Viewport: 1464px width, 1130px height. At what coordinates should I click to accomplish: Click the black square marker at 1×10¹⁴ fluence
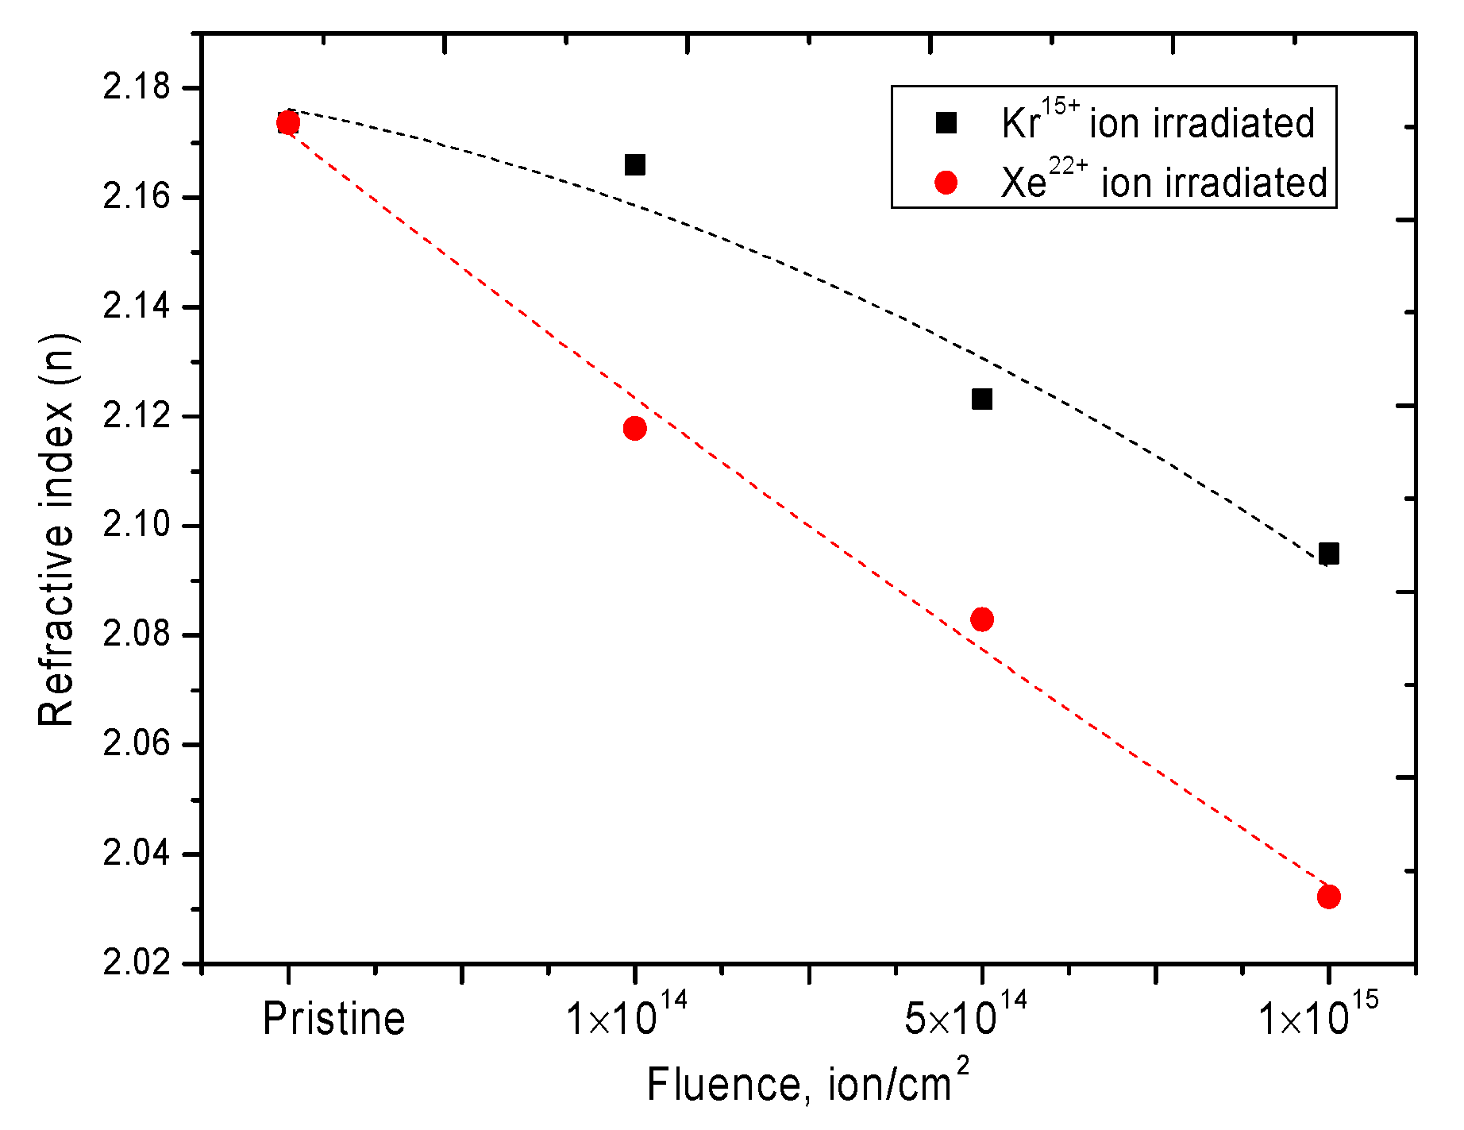[x=634, y=165]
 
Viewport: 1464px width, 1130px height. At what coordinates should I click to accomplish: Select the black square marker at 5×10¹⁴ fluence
[x=982, y=399]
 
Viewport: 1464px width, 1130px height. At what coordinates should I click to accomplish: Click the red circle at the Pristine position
[x=288, y=122]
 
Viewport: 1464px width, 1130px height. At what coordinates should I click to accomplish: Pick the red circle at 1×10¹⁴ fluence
[x=634, y=429]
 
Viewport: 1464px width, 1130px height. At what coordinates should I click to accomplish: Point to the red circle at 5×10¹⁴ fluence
[x=982, y=619]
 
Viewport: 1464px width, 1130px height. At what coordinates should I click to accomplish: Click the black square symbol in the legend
[x=946, y=123]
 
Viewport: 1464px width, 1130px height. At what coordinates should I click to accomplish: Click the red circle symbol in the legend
[x=946, y=183]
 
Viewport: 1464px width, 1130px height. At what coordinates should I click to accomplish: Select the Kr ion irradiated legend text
[x=1158, y=122]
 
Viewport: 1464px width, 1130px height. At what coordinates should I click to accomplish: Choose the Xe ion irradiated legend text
[x=1163, y=183]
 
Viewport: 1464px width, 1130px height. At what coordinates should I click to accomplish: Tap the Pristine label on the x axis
[x=333, y=1019]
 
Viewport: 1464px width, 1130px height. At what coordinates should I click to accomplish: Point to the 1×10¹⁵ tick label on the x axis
[x=1318, y=1015]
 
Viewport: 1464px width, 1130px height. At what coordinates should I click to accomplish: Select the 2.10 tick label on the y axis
[x=137, y=525]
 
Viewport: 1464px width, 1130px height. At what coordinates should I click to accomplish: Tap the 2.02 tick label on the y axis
[x=137, y=963]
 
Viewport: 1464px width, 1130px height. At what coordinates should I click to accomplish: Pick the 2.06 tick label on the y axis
[x=137, y=744]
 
